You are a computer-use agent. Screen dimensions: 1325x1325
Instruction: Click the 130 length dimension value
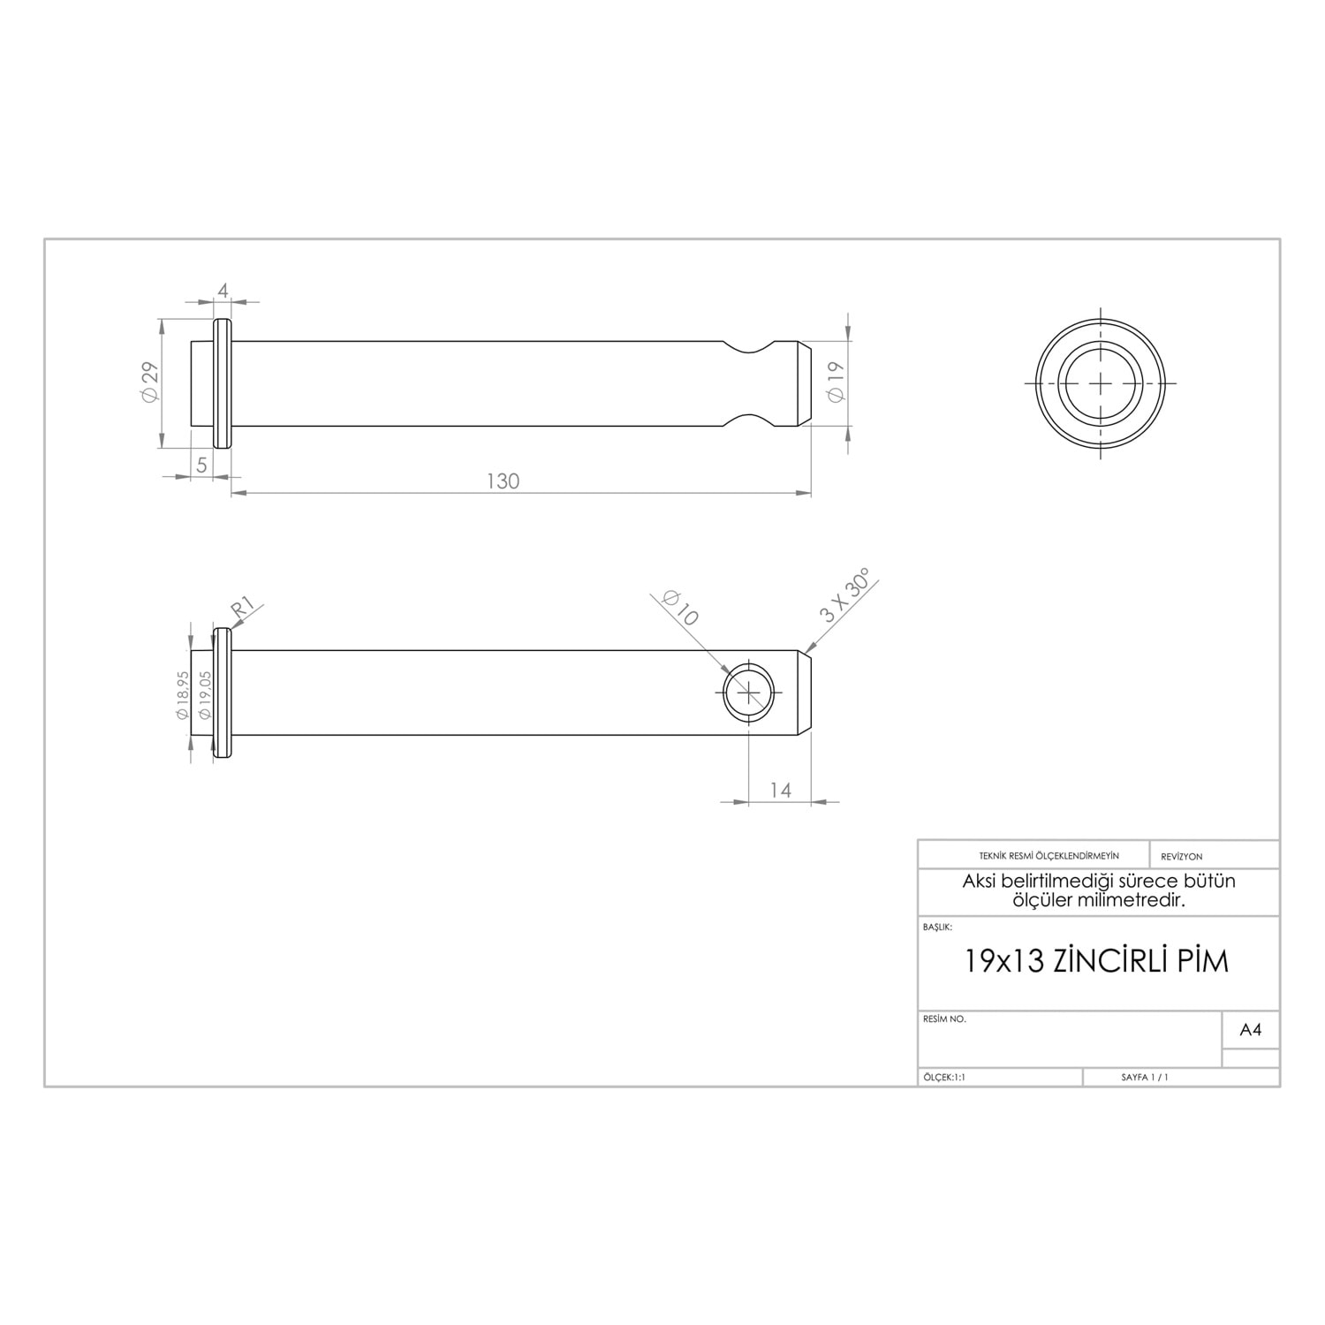tap(503, 481)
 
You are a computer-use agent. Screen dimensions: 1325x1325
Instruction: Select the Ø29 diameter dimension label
tap(149, 382)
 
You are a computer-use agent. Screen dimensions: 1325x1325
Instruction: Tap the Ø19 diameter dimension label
tap(836, 382)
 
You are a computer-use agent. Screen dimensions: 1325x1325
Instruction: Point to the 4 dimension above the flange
tap(223, 291)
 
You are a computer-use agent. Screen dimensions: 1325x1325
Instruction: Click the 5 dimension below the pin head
tap(201, 465)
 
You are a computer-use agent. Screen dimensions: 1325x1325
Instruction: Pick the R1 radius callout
tap(243, 608)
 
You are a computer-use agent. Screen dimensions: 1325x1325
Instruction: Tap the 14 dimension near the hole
tap(781, 790)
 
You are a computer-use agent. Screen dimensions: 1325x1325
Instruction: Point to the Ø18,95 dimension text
tap(182, 695)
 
